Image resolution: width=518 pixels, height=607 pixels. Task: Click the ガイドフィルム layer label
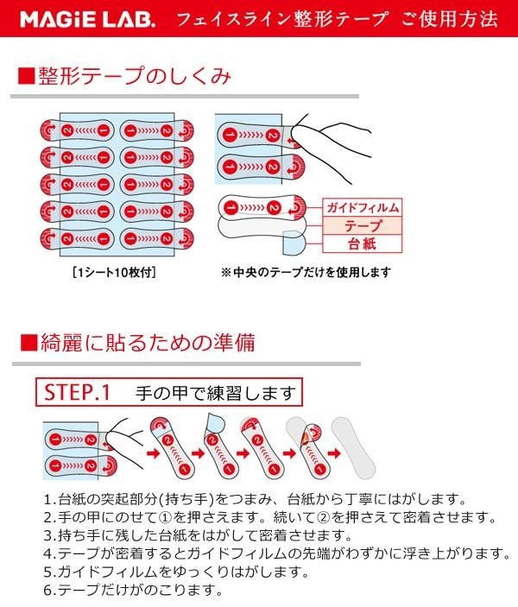(363, 209)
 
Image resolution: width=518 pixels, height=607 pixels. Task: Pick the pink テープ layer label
(363, 226)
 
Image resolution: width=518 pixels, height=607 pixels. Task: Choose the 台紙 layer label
(363, 244)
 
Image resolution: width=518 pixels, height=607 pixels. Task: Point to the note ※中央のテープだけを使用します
(306, 273)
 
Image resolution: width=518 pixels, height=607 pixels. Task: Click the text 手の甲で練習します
(215, 394)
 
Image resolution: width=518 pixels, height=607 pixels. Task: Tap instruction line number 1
(250, 500)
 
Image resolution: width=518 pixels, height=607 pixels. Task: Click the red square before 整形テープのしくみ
(26, 77)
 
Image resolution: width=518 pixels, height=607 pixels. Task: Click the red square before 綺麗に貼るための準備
(26, 344)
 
